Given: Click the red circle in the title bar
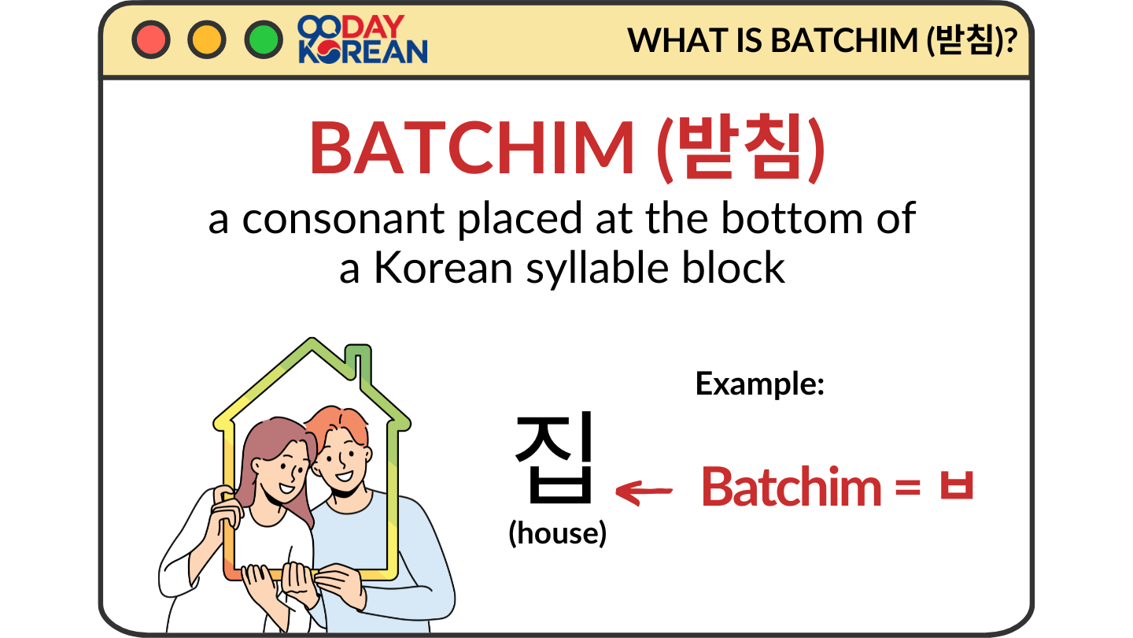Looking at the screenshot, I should click(x=150, y=39).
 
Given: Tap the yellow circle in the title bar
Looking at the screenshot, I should click(x=207, y=39).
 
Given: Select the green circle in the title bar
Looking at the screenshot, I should click(x=264, y=39).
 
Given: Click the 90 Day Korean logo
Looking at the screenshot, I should click(x=363, y=40).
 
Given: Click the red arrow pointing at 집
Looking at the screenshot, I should click(x=644, y=491).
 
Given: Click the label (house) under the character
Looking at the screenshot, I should click(x=557, y=533).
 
